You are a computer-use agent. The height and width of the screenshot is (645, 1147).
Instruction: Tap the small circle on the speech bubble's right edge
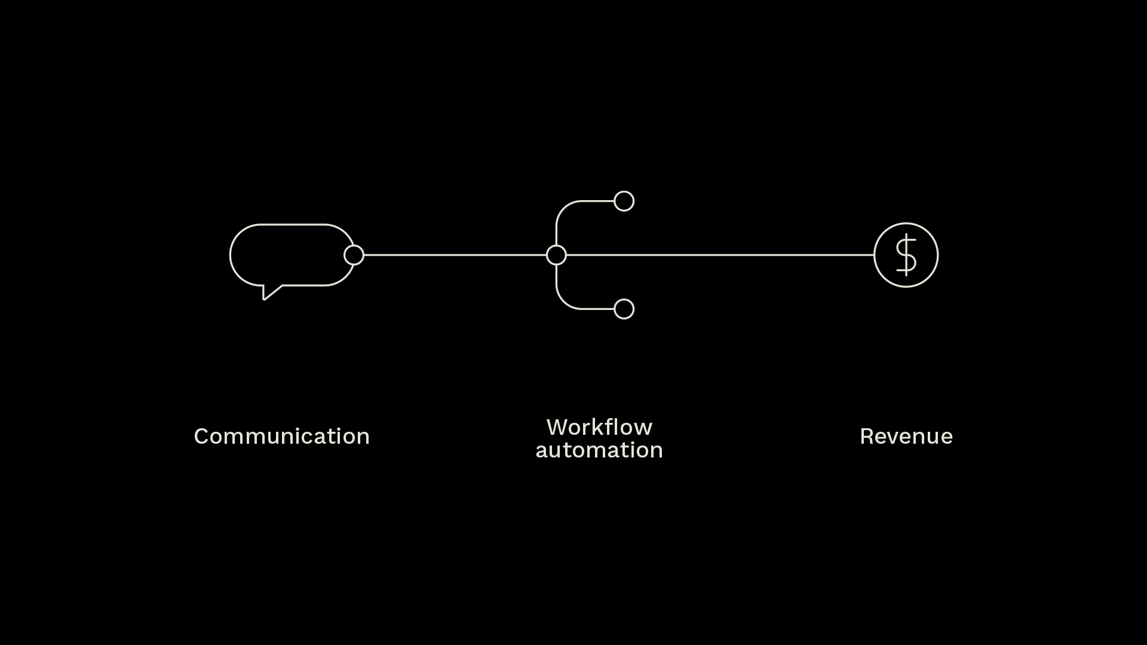click(354, 255)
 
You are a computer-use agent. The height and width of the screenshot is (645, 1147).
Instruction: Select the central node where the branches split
click(556, 255)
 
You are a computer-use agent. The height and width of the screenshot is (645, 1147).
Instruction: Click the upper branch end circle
click(624, 201)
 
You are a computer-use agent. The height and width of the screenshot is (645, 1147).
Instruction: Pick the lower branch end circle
click(624, 309)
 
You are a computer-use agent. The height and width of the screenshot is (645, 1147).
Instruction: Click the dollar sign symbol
click(906, 255)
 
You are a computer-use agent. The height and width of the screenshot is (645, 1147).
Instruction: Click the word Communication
click(281, 437)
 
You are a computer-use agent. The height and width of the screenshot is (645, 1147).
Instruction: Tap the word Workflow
click(599, 428)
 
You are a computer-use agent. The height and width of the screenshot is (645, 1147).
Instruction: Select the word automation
click(599, 450)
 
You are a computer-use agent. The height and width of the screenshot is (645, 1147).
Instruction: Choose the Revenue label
click(906, 437)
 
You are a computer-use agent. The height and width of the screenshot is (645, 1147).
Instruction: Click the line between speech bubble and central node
click(454, 255)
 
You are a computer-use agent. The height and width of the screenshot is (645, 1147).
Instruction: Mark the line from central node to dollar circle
click(717, 255)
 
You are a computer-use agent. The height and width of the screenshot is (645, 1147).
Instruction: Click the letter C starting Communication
click(201, 437)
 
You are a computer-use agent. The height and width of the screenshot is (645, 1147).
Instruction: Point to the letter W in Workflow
click(557, 428)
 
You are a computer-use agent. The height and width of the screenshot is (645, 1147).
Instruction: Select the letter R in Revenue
click(866, 437)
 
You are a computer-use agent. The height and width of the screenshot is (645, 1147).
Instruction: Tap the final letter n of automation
click(657, 451)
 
